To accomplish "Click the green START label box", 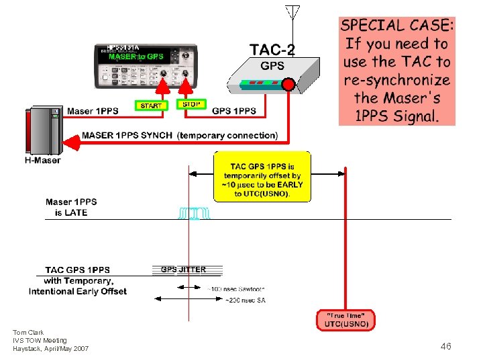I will [x=151, y=106].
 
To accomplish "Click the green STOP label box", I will [x=191, y=104].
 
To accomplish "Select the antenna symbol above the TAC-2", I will [x=291, y=13].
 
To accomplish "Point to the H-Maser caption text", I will [x=42, y=160].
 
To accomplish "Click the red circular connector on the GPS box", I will [x=288, y=84].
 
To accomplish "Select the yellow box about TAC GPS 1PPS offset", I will [x=262, y=176].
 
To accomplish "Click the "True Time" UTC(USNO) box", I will [x=346, y=320].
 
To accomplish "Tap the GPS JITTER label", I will [x=183, y=270].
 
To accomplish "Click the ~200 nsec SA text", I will [x=245, y=300].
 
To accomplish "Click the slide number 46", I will [x=445, y=346].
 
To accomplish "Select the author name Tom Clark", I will [x=28, y=332].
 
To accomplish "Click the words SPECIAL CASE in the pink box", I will [x=397, y=26].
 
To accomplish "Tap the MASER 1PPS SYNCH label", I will [x=129, y=135].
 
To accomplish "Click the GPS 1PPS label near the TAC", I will [x=233, y=110].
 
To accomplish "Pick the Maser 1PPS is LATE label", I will [x=71, y=207].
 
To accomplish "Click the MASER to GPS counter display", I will [x=136, y=56].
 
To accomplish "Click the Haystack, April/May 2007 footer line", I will [x=50, y=348].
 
